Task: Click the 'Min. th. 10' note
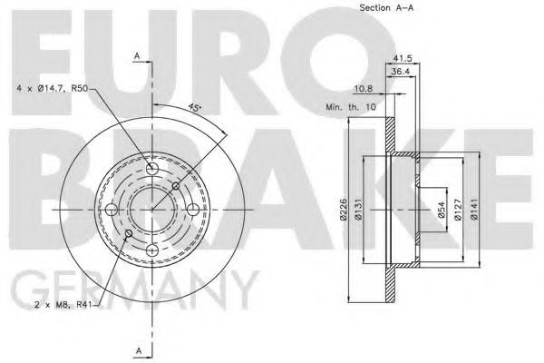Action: coord(351,107)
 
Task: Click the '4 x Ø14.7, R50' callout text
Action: coord(53,87)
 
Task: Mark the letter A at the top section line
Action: coord(137,56)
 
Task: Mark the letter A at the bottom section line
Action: coord(137,349)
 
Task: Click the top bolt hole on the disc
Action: coord(152,169)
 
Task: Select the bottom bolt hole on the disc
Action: coord(152,250)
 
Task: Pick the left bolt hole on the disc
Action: coord(112,210)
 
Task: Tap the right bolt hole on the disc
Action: coord(193,210)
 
